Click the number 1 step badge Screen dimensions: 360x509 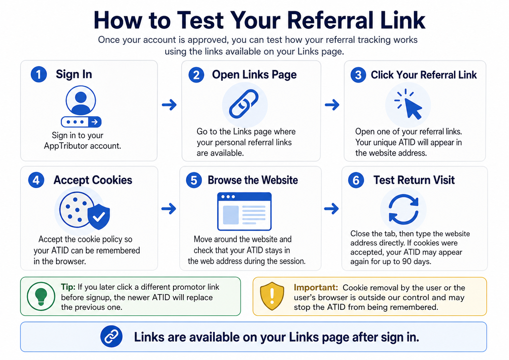point(39,74)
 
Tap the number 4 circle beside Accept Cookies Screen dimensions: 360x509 point(36,180)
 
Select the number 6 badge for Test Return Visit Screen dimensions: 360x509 point(356,180)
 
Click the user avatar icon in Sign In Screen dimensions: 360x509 point(81,100)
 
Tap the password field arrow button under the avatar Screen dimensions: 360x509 point(95,122)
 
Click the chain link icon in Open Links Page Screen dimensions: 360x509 point(244,104)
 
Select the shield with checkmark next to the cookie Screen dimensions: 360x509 point(99,216)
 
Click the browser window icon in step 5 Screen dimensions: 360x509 point(244,211)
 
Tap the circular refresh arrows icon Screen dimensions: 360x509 point(404,209)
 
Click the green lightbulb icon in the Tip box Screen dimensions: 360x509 point(41,296)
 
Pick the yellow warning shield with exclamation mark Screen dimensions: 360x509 point(272,296)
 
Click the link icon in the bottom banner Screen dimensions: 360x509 point(111,336)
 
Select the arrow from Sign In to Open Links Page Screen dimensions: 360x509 point(169,105)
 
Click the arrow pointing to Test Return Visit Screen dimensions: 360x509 point(331,208)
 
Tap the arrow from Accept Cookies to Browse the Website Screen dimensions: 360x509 point(169,208)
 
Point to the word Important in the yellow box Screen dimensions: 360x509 point(315,288)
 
